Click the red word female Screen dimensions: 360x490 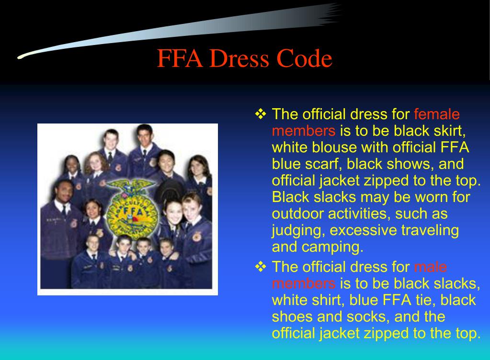436,114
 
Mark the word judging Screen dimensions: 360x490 298,231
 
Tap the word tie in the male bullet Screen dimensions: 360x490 425,300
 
